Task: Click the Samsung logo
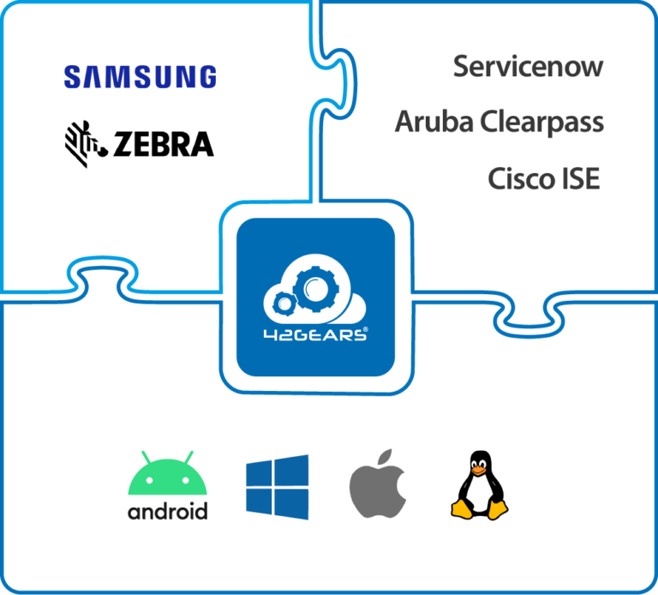140,77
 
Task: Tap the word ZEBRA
163,143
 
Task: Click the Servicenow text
528,67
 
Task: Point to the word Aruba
434,123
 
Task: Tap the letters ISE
581,179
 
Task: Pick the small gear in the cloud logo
285,302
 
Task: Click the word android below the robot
167,512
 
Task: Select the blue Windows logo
277,487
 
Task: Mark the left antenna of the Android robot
144,456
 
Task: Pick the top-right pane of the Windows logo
292,471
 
